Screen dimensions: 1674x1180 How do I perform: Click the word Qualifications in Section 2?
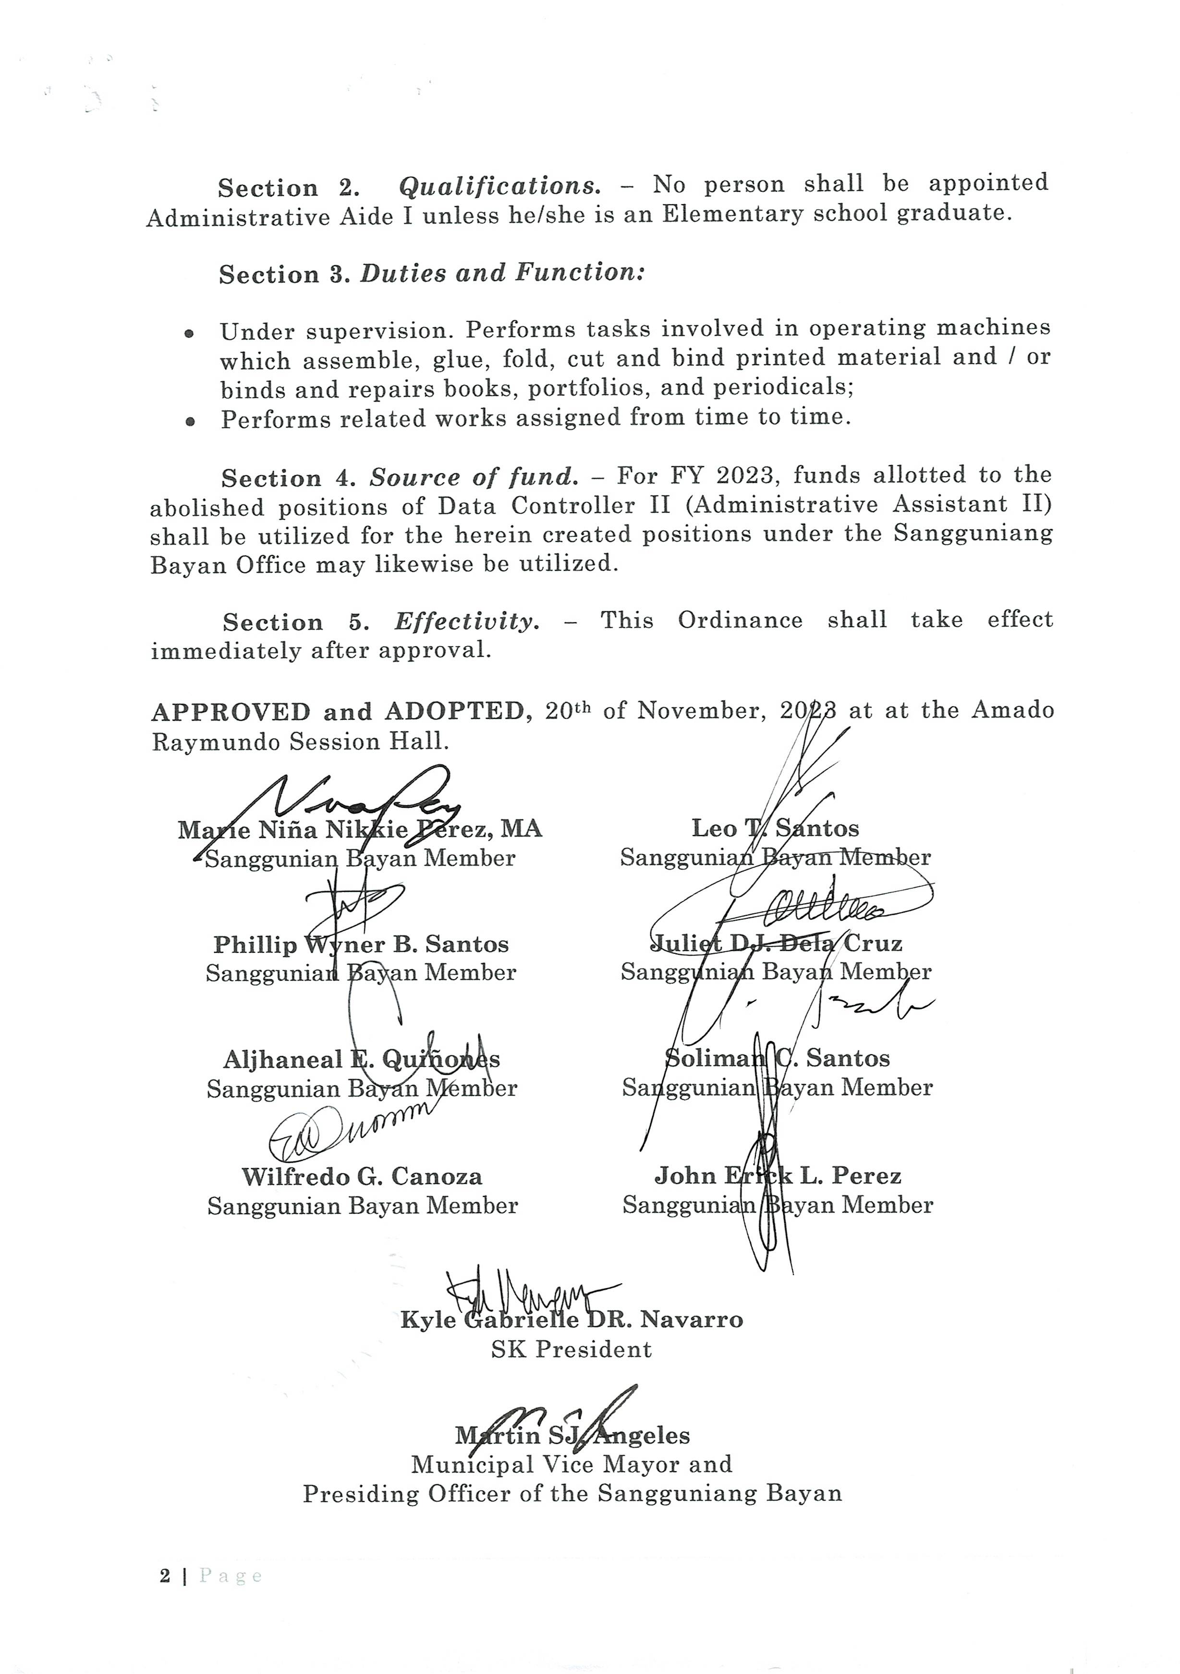[499, 186]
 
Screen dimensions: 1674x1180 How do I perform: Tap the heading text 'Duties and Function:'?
[502, 273]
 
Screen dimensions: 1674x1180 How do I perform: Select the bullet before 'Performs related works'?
[190, 421]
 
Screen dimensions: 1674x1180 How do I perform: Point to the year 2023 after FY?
[744, 476]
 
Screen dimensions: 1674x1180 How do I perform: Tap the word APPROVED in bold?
[231, 712]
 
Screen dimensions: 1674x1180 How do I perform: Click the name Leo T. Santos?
[775, 828]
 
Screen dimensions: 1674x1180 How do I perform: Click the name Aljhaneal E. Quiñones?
[362, 1060]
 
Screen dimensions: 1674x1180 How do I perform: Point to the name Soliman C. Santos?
[777, 1059]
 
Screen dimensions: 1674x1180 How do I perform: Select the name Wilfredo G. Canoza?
[362, 1177]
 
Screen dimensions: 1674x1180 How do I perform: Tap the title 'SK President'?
[572, 1350]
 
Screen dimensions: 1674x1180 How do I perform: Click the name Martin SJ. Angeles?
[572, 1436]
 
